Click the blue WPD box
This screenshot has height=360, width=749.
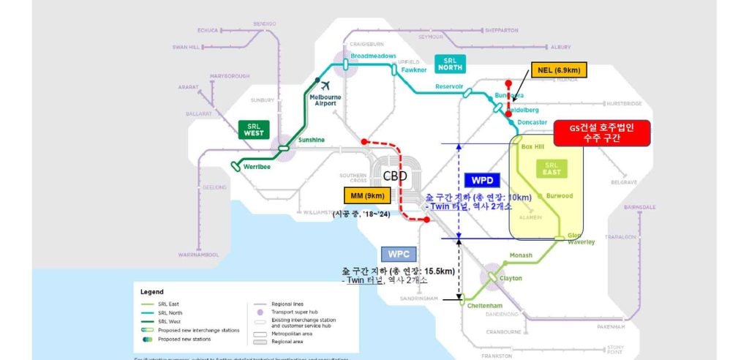pos(481,179)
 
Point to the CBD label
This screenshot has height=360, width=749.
pos(395,176)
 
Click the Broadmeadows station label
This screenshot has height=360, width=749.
pos(373,56)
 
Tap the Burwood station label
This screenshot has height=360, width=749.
pos(560,196)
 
